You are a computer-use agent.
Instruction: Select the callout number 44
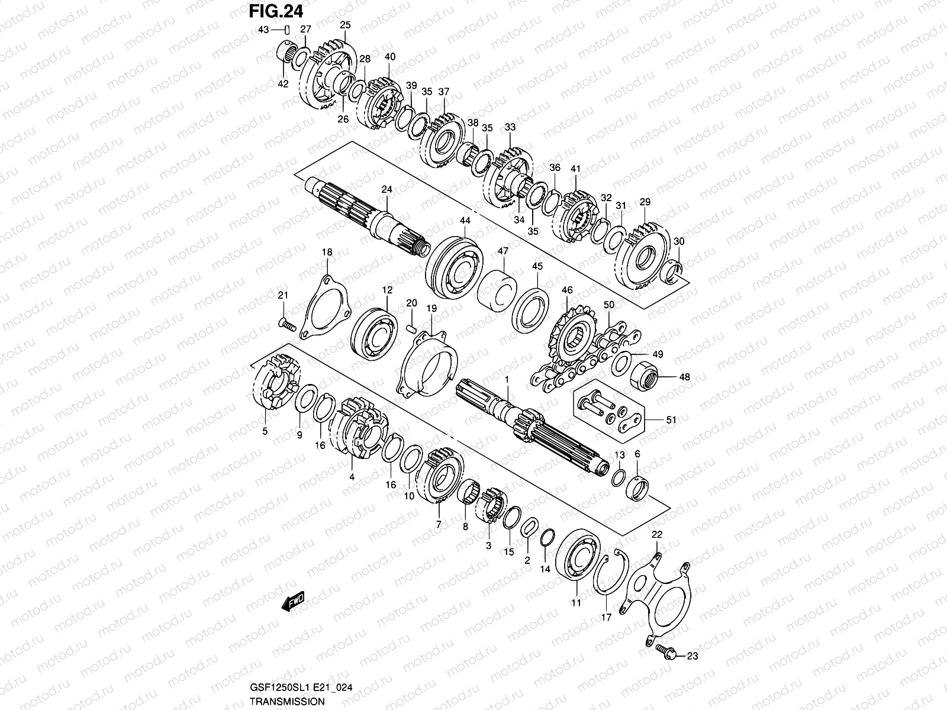pos(465,221)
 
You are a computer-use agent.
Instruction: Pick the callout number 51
pos(671,420)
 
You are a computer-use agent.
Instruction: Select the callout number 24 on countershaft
pos(386,189)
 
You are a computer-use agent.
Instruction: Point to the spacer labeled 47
pos(497,290)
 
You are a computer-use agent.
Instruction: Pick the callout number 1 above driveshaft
pos(507,378)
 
